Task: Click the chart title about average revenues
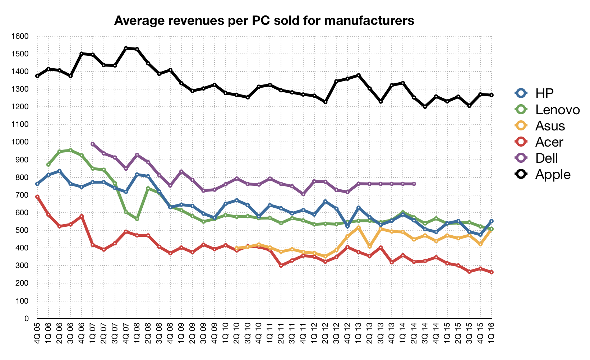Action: tap(264, 21)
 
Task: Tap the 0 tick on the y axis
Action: tap(27, 319)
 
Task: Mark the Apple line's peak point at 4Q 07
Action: tap(126, 48)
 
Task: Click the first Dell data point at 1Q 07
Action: tap(93, 144)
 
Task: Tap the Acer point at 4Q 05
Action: tap(37, 197)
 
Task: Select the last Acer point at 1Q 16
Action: tap(492, 272)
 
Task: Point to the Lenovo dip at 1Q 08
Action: tap(137, 219)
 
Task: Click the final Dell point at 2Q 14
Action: tap(414, 184)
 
